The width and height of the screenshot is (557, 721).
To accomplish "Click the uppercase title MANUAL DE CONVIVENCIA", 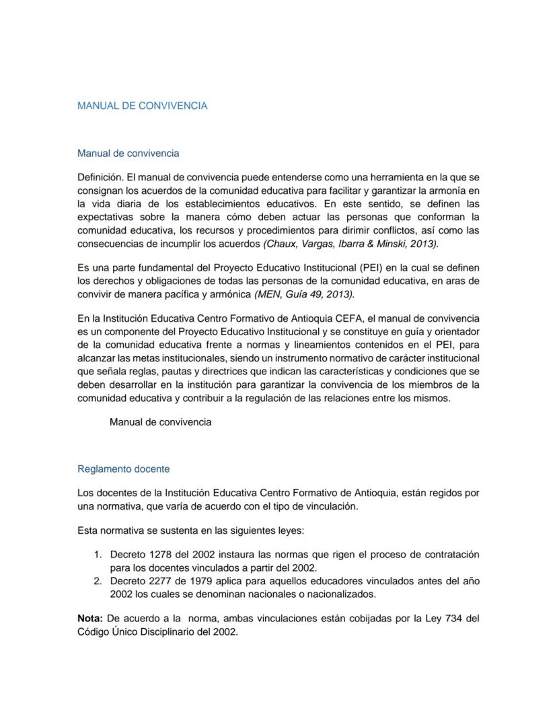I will pos(142,106).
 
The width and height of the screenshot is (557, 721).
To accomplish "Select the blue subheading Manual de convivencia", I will pos(128,153).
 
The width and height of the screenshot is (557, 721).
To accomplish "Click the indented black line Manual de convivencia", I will pos(160,422).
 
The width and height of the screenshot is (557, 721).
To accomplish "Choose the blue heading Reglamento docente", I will pos(123,469).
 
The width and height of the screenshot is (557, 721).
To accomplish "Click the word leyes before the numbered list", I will pos(290,530).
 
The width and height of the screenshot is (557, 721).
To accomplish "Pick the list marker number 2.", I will pos(97,580).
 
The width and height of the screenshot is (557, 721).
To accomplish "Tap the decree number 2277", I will pos(156,580).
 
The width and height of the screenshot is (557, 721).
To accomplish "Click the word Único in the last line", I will pos(128,633).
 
